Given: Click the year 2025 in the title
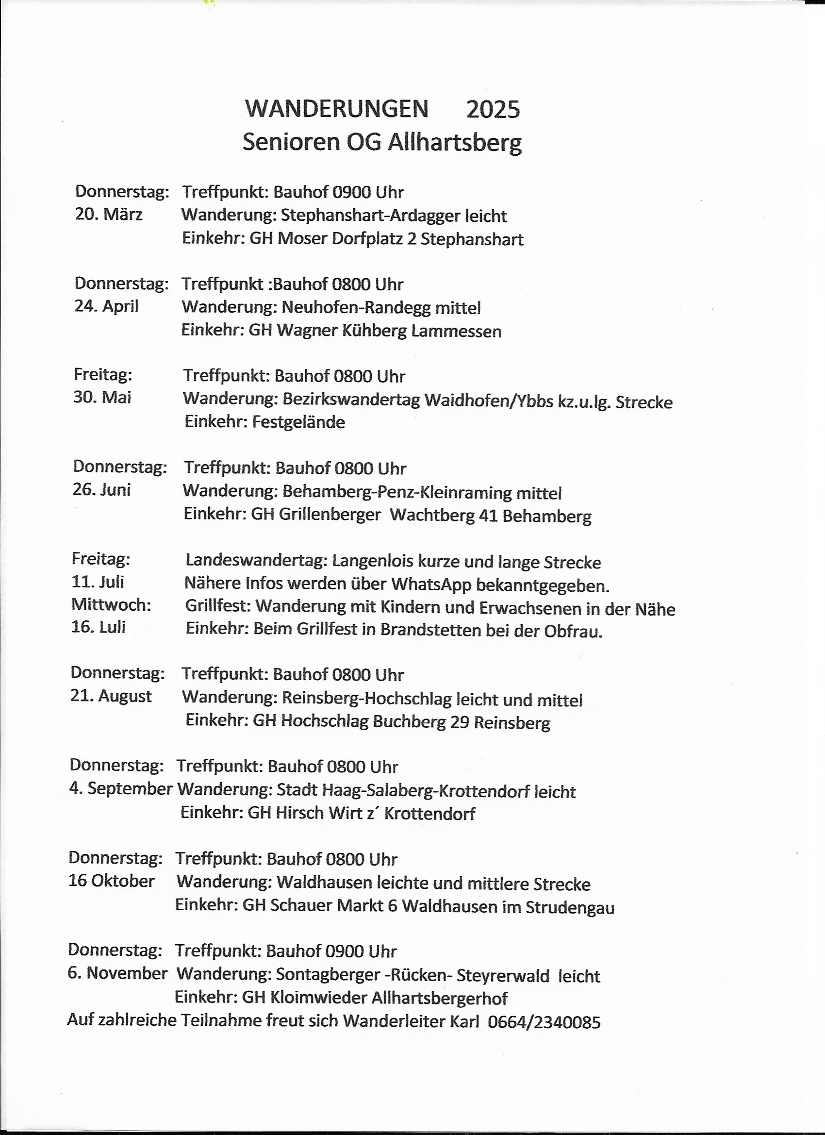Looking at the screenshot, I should [493, 110].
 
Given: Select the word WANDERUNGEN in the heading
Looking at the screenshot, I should [337, 109].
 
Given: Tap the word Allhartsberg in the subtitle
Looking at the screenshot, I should [455, 143].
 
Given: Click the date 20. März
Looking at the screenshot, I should [109, 214].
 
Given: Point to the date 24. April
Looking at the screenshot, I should [106, 306].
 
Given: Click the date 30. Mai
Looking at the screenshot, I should [102, 398].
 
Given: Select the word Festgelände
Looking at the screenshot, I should [298, 422].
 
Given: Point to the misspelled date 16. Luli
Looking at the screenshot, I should [98, 627].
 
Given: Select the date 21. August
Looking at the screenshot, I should [111, 696].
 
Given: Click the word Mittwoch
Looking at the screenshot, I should [111, 604].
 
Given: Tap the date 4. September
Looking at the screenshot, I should [120, 788].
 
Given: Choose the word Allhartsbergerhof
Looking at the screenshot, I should [439, 999].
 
